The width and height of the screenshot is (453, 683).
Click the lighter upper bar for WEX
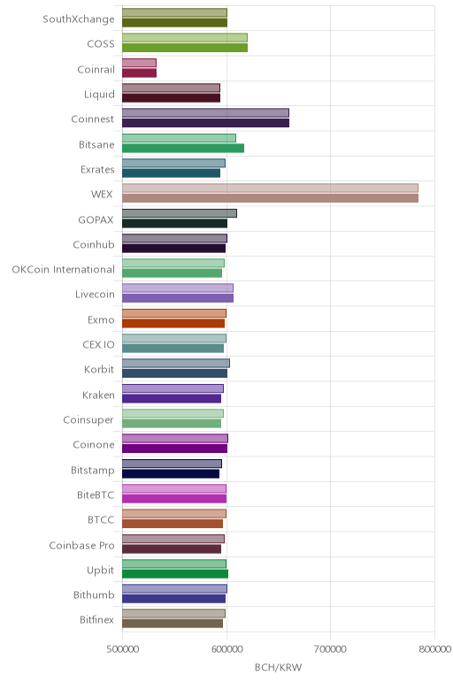click(x=270, y=188)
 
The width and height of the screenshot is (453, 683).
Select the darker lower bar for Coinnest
click(x=205, y=123)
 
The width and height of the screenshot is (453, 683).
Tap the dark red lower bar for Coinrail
click(x=140, y=73)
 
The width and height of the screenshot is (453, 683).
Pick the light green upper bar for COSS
click(x=185, y=37)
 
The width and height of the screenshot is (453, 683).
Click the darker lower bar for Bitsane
click(x=183, y=148)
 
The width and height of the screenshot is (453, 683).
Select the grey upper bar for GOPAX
click(x=180, y=213)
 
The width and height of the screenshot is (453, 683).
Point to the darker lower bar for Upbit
click(x=175, y=573)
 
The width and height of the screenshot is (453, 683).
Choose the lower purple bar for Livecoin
click(x=178, y=298)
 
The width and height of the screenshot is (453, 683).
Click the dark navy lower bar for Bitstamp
click(x=171, y=473)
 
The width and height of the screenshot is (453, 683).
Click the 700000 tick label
click(x=330, y=649)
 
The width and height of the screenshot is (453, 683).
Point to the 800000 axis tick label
click(x=434, y=649)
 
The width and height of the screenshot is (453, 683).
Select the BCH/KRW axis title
click(x=279, y=667)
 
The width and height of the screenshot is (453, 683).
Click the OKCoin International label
click(x=64, y=270)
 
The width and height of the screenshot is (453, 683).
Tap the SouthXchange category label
click(x=79, y=19)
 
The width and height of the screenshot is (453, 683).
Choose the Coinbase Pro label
click(x=82, y=545)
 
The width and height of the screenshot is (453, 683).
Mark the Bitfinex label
click(x=96, y=620)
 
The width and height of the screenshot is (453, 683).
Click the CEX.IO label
click(x=98, y=344)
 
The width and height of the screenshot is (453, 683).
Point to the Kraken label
click(x=98, y=395)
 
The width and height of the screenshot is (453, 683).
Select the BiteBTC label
click(x=96, y=495)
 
